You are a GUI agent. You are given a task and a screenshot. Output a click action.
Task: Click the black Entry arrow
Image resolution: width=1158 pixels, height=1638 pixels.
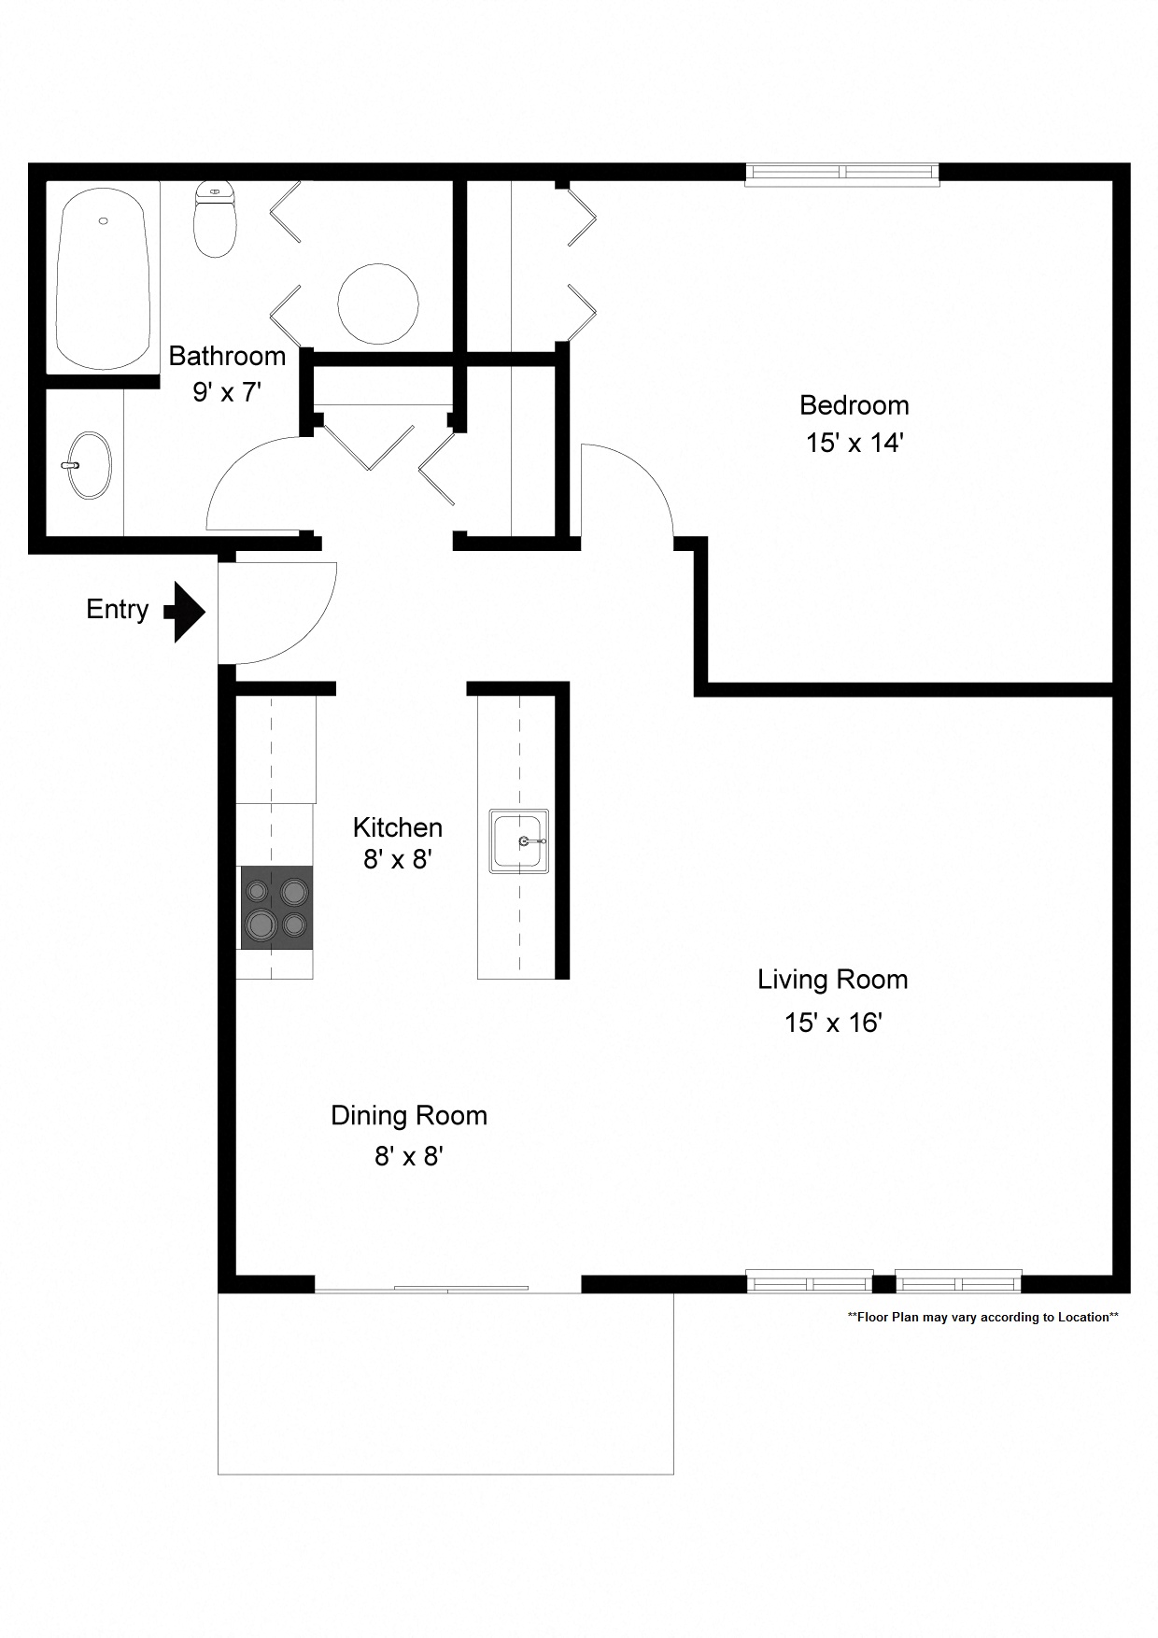click(x=186, y=612)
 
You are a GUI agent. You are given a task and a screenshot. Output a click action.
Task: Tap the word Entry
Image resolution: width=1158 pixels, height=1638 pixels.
click(x=118, y=610)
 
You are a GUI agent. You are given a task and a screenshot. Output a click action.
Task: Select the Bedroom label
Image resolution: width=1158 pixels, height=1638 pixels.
click(x=854, y=405)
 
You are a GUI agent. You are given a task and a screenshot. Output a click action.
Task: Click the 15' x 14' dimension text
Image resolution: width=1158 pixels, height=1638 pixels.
click(x=854, y=443)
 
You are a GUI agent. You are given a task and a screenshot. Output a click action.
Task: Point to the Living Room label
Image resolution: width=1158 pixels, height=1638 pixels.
click(x=832, y=980)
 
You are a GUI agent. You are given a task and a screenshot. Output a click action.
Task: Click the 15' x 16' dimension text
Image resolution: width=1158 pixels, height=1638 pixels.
click(x=832, y=1023)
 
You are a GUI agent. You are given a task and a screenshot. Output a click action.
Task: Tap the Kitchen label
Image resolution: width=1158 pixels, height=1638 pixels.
click(x=397, y=827)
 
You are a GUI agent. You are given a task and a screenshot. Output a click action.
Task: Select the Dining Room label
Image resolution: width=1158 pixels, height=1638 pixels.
click(x=409, y=1116)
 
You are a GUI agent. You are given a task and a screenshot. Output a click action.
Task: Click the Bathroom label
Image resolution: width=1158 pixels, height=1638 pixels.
click(x=227, y=356)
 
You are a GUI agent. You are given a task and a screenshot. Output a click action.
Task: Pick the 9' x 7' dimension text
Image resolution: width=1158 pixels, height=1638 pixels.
click(x=226, y=392)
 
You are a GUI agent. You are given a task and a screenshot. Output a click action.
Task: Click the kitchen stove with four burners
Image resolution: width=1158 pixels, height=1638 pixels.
click(x=276, y=908)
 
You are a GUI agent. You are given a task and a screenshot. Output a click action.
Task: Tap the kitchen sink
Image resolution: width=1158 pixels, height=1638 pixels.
click(x=519, y=841)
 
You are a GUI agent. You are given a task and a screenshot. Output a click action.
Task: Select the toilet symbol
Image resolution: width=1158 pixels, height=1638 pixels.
click(x=215, y=220)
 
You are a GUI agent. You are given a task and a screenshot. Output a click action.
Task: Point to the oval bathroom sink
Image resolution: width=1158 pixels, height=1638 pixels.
click(x=89, y=465)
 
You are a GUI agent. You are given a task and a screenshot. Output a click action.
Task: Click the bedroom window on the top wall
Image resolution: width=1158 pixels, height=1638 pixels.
click(x=841, y=174)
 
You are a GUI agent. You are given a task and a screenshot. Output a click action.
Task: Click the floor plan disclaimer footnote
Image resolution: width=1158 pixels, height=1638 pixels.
click(x=982, y=1318)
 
